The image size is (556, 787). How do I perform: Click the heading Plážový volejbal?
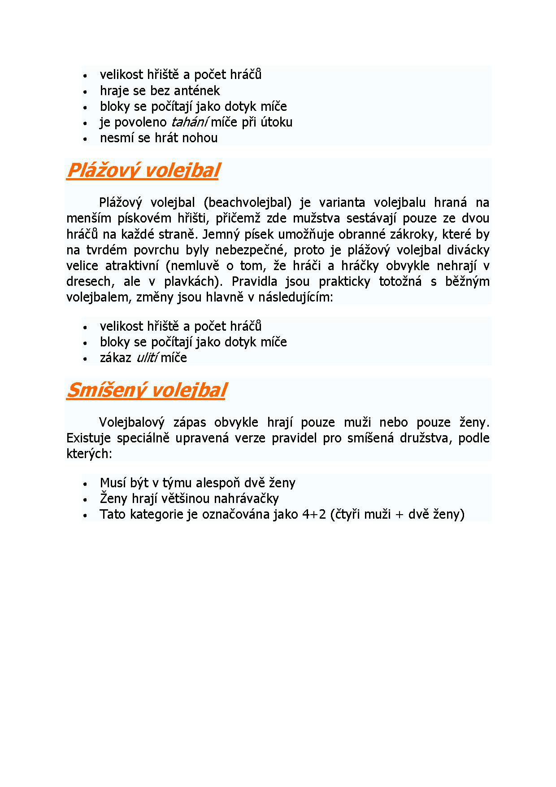point(143,171)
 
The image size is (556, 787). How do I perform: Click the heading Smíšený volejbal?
point(146,391)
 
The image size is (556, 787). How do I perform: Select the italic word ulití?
point(147,358)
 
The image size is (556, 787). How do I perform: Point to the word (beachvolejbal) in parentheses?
point(247,203)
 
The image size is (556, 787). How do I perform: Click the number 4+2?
point(314,514)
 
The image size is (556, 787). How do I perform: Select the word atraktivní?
point(132,266)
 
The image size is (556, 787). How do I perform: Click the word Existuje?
point(88,438)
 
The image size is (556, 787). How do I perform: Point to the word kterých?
point(88,454)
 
